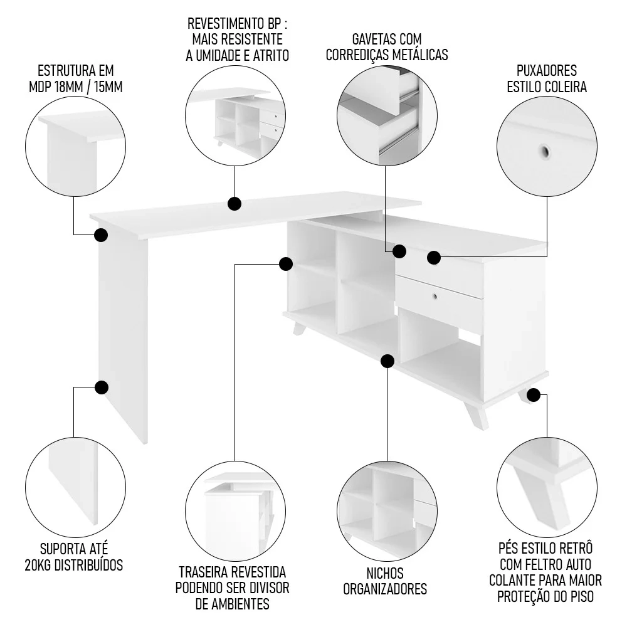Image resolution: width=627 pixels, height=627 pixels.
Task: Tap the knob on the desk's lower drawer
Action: tap(434, 295)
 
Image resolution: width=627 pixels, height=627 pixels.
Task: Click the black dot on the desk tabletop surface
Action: tap(234, 204)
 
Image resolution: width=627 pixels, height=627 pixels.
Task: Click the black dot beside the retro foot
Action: tap(534, 395)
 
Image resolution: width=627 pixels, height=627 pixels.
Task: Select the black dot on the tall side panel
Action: tap(101, 387)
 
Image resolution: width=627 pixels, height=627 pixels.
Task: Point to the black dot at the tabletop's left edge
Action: tap(101, 235)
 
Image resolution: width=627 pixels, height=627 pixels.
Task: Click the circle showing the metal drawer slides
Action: tap(387, 117)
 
